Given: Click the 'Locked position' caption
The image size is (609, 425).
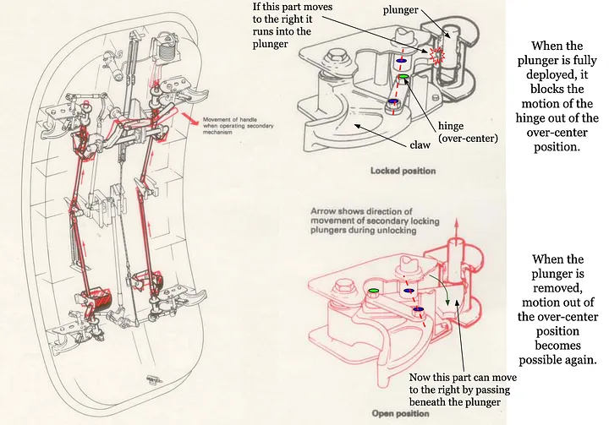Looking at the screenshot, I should point(403,171).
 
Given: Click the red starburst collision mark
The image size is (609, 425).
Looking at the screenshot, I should point(438,56).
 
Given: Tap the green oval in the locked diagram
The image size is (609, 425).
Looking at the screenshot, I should point(404,78).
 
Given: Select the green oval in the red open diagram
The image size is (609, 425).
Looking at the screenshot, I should point(373,292).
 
